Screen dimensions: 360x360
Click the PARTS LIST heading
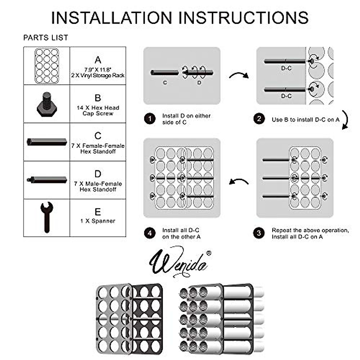46,38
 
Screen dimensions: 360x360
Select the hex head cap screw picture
46,104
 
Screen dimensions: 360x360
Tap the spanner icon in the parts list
46,217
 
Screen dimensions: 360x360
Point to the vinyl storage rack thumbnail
46,66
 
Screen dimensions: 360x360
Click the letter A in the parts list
98,60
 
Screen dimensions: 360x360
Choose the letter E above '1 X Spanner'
98,212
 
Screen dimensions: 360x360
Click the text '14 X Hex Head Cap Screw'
98,110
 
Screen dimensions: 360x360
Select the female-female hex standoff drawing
46,142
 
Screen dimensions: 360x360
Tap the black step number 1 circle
150,119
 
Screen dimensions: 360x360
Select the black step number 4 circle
150,233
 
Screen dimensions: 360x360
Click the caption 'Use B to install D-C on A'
305,119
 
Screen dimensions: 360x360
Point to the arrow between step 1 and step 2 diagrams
239,75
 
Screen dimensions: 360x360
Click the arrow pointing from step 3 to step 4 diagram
239,181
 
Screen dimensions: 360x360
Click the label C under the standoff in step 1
165,82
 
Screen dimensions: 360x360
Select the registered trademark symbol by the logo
209,253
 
